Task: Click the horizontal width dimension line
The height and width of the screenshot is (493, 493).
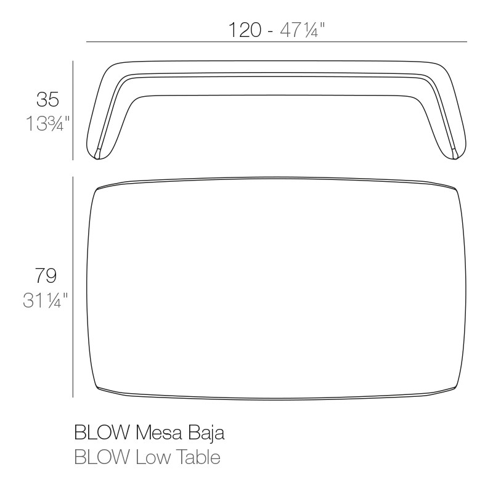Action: (x=277, y=42)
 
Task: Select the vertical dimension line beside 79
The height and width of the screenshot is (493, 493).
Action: (x=73, y=287)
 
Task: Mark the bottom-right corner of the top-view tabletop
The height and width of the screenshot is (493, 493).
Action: (x=455, y=387)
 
